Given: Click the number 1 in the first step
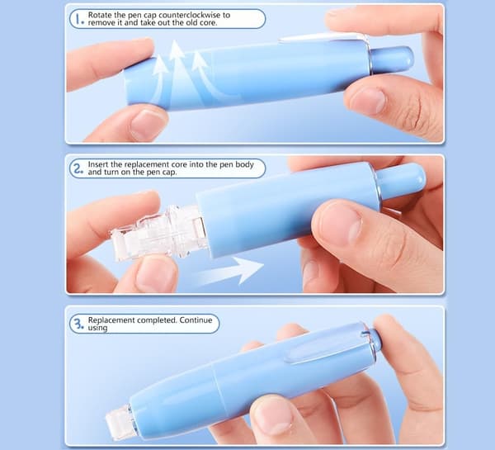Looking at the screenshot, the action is coord(78,19).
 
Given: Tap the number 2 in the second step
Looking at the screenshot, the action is coord(78,168).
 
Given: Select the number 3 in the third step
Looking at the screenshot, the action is coord(78,324).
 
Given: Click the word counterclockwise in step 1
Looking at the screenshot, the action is coord(194,15).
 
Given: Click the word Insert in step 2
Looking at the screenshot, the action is coord(98,164).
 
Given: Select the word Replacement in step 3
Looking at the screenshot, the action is coord(111,320).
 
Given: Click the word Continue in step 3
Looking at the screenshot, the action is coord(196,320).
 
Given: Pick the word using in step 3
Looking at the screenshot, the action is coord(98,328).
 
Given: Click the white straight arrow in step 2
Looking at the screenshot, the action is coord(229,271).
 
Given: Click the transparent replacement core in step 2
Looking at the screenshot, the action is coord(158,233).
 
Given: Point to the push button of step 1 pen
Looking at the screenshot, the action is coord(391,59).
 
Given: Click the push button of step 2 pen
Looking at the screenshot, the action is coord(402,182).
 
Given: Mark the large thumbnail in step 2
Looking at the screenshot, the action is coord(340,224).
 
